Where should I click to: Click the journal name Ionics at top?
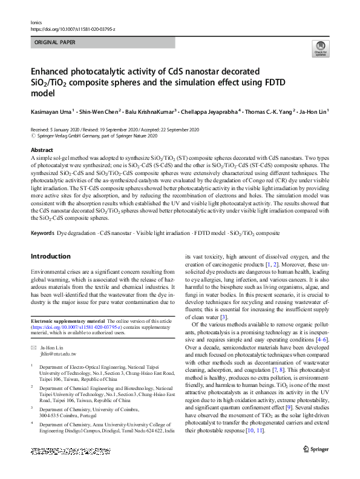coord(36,21)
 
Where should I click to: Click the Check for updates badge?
coord(320,49)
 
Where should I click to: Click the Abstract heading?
coord(42,150)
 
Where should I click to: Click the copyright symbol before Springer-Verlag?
coord(33,136)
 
